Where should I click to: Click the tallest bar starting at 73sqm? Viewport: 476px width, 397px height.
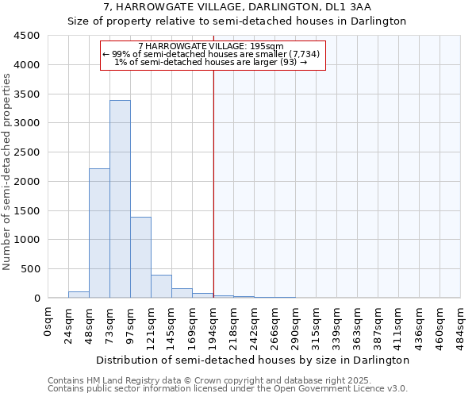120,198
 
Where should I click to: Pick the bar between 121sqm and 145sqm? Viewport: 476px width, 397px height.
161,287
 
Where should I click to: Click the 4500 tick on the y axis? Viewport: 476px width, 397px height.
27,36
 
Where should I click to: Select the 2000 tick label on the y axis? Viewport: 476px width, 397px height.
27,181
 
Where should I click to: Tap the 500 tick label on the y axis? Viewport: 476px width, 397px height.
30,269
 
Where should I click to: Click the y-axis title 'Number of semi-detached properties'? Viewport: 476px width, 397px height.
8,172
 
